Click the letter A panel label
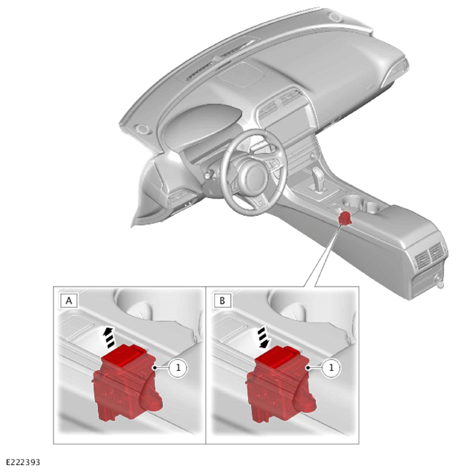click(x=69, y=301)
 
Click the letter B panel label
click(x=222, y=301)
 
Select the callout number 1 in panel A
click(x=178, y=367)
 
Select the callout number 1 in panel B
click(x=332, y=367)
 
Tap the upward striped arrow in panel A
click(x=109, y=337)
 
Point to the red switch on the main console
click(x=345, y=218)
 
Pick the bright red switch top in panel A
click(x=124, y=356)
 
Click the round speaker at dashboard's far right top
click(x=335, y=17)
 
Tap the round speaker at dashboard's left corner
click(x=141, y=129)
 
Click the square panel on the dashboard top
click(x=241, y=74)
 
